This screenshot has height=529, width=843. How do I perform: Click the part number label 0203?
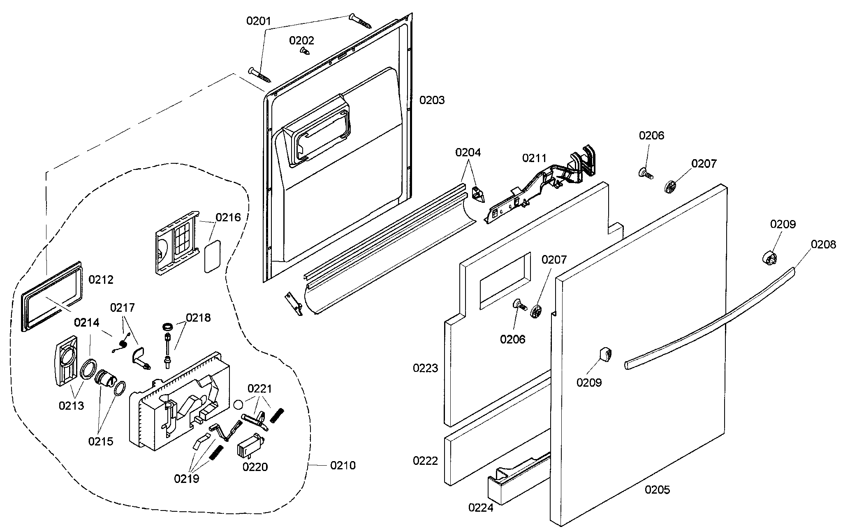[x=432, y=100]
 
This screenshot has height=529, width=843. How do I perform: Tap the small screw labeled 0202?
[x=305, y=51]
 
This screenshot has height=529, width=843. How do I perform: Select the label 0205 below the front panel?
[x=657, y=490]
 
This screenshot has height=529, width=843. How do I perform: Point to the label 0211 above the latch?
[x=535, y=158]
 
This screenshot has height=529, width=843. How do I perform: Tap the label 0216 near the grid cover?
[x=228, y=217]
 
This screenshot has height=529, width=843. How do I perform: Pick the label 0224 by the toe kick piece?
[x=481, y=508]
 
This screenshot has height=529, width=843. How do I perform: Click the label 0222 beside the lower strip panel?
[x=425, y=461]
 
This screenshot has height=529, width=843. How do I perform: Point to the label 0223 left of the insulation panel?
[x=425, y=368]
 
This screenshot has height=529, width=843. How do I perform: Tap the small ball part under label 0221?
[x=238, y=405]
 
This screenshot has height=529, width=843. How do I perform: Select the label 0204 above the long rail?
[x=468, y=152]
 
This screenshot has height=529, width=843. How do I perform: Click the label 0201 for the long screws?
[x=259, y=21]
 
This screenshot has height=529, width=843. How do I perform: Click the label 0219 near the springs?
[x=186, y=478]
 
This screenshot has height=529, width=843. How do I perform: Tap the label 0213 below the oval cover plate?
[x=71, y=406]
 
